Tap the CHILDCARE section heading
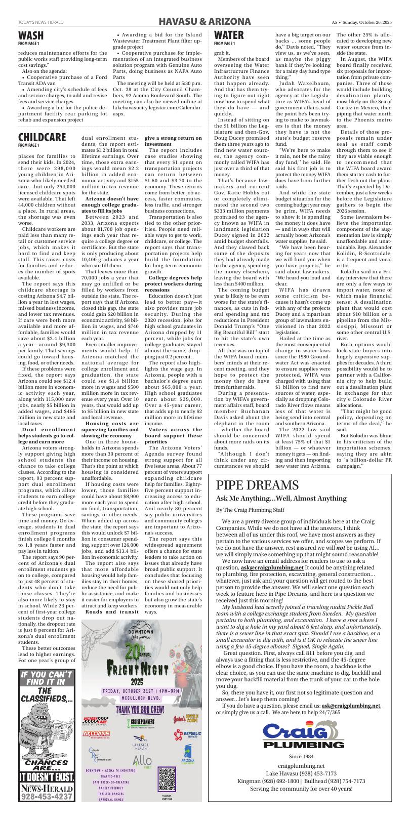(x=42, y=137)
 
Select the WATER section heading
(x=229, y=35)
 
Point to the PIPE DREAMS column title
(x=257, y=485)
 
